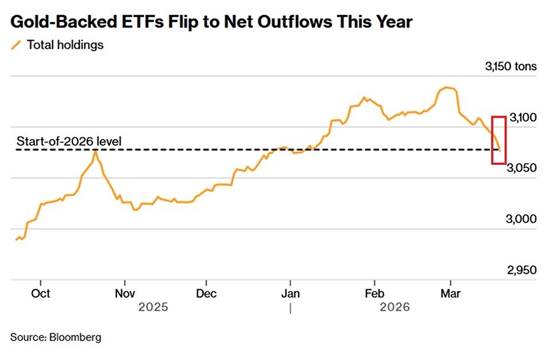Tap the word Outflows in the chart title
(x=277, y=22)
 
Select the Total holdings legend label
(x=65, y=45)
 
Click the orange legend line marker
(x=16, y=45)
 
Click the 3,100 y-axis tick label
(x=522, y=118)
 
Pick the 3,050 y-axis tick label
(x=522, y=168)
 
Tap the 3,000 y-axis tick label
(x=522, y=219)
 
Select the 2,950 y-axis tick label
(x=522, y=270)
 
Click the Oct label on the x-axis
(x=40, y=294)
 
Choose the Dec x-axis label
(x=206, y=294)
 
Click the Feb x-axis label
(x=374, y=294)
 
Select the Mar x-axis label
(x=451, y=294)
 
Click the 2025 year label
(x=153, y=308)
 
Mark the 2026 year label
(x=395, y=308)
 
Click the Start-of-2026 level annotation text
(x=69, y=141)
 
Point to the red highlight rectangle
(x=499, y=140)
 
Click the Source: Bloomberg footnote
(x=55, y=337)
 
